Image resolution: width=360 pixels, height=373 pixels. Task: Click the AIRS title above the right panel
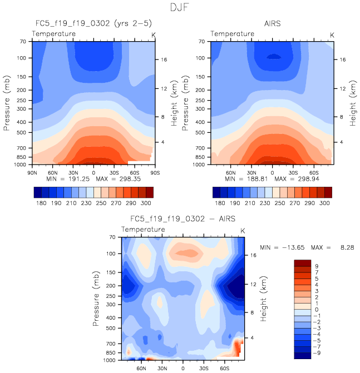(272, 24)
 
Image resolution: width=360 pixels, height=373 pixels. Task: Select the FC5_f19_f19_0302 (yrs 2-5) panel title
(93, 24)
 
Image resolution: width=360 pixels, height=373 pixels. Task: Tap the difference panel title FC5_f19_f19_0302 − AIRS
(183, 219)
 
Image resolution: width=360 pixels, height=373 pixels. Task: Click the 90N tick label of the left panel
(32, 172)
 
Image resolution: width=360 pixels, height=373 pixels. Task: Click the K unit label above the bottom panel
(242, 230)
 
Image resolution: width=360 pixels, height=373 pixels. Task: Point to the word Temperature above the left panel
(53, 34)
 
